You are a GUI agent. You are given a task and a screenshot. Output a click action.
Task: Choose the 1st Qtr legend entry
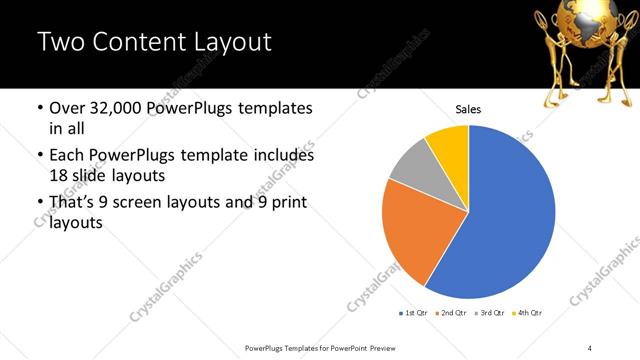point(414,314)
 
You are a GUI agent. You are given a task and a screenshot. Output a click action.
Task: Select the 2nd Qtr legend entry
point(454,314)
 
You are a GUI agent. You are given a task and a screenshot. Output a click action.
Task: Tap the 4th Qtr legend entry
point(529,314)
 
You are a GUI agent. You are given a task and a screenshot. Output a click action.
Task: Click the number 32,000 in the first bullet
point(123,108)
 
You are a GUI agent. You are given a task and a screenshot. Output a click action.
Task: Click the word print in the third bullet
point(285,203)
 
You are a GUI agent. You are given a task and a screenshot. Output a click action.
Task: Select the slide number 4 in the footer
point(590,347)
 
